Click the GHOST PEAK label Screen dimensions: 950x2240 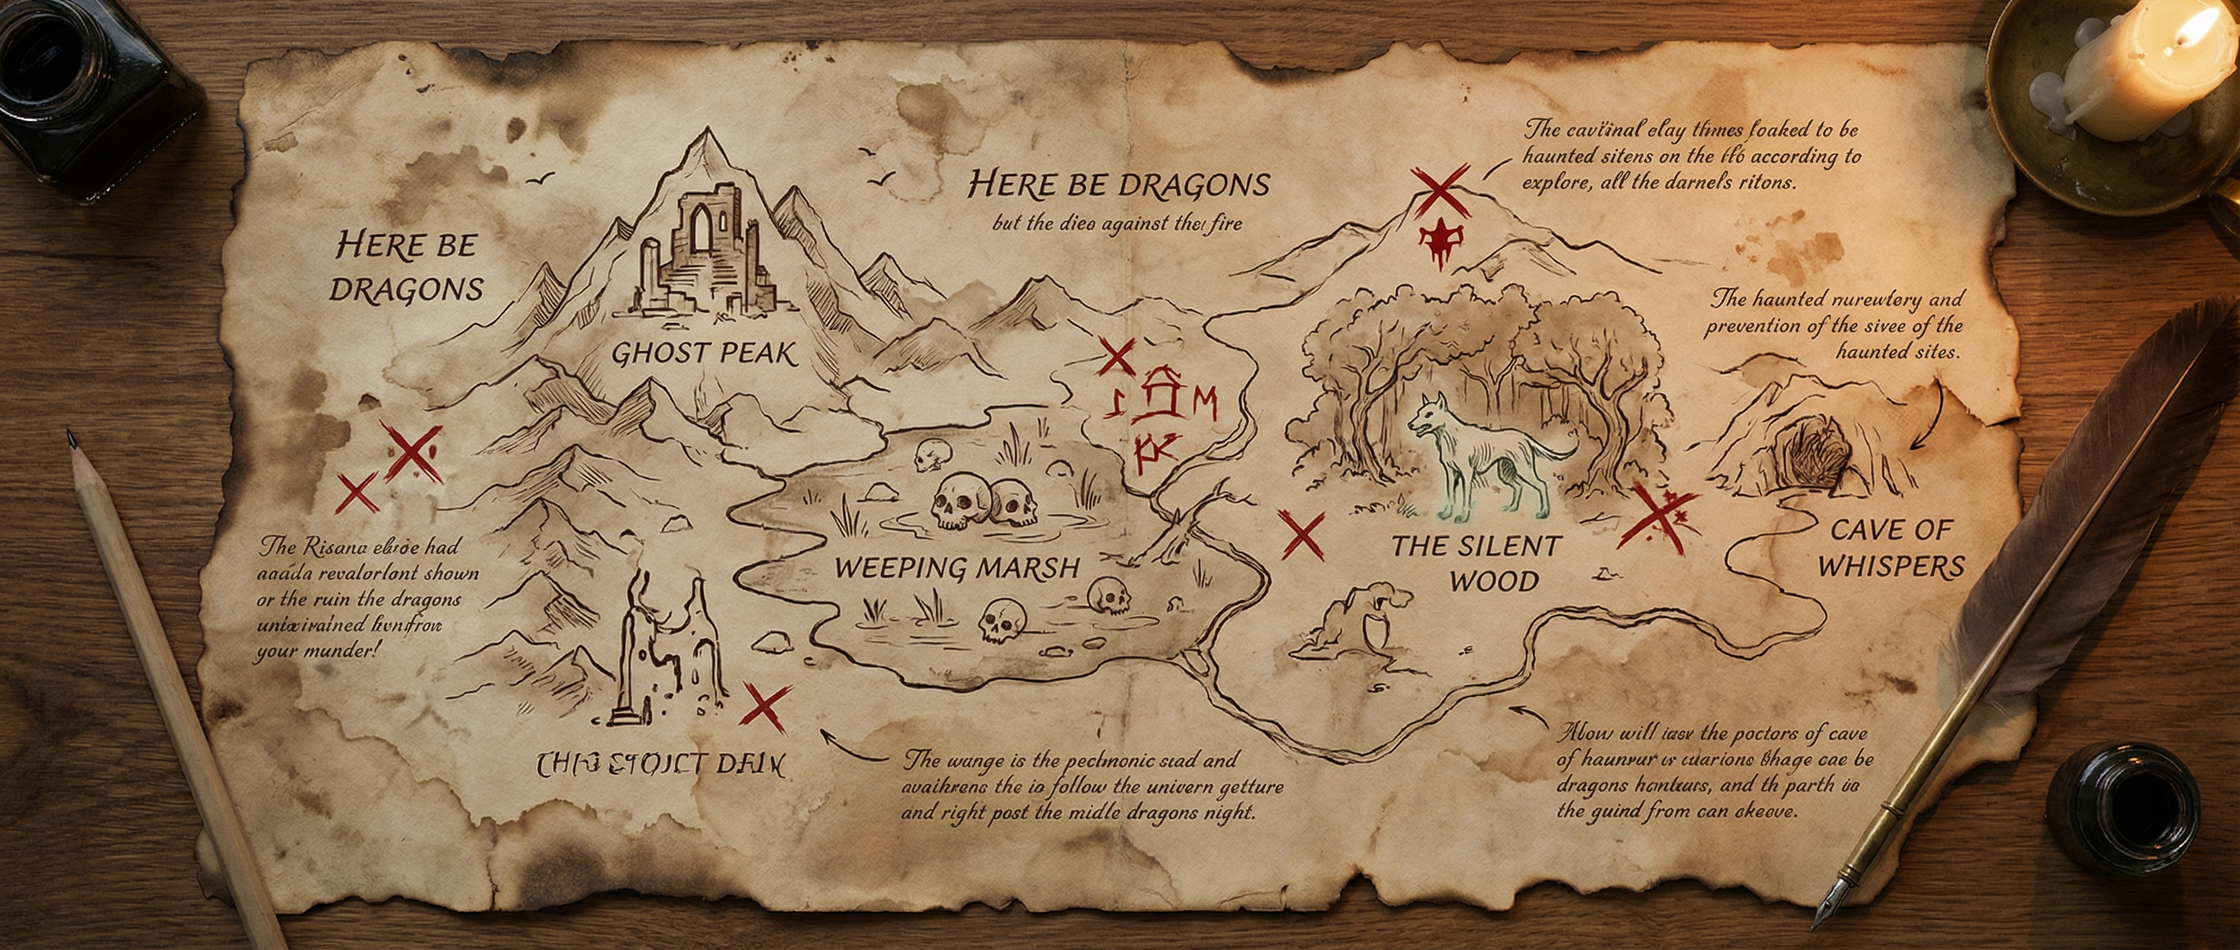pyautogui.click(x=704, y=353)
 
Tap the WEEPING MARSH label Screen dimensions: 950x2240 pyautogui.click(x=957, y=568)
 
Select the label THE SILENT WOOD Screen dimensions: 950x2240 pyautogui.click(x=1476, y=563)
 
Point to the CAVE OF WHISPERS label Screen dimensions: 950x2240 pyautogui.click(x=1891, y=548)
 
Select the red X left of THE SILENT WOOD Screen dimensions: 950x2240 pyautogui.click(x=1302, y=534)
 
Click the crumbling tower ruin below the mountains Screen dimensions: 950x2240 pyautogui.click(x=670, y=652)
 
